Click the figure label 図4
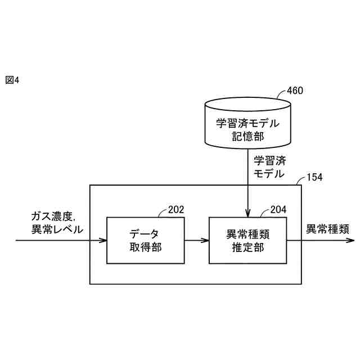(12, 80)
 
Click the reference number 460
(295, 91)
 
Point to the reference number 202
(175, 210)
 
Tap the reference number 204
(278, 210)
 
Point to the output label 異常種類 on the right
(327, 229)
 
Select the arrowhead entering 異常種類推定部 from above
(248, 214)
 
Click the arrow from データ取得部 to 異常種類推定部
(195, 241)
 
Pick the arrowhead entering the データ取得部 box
(103, 241)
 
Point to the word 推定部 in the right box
(247, 247)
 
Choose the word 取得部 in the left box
(144, 247)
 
